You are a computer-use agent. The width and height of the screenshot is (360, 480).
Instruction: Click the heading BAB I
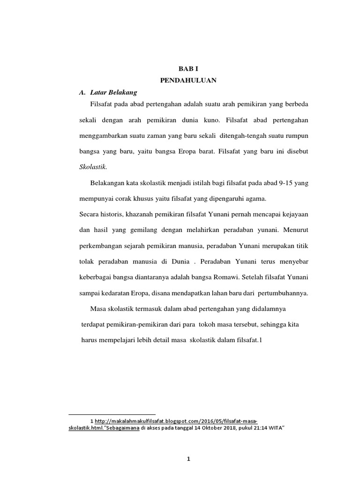188,68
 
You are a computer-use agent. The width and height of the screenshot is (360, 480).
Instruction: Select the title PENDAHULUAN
188,80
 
